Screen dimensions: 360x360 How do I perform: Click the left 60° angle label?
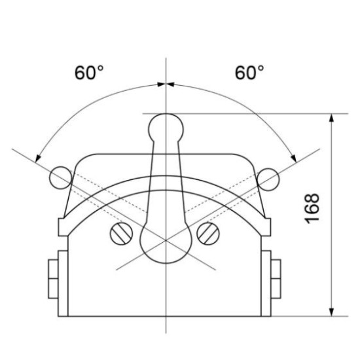tap(89, 73)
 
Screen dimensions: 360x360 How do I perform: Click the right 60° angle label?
tap(249, 73)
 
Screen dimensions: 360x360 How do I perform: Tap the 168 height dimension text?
tap(312, 208)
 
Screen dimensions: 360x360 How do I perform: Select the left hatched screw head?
tap(122, 234)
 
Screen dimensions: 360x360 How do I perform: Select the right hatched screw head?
tap(208, 234)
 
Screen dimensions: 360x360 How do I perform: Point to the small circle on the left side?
tap(61, 178)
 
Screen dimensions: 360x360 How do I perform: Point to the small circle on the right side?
tap(268, 179)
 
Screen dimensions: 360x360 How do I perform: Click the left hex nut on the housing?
tap(53, 279)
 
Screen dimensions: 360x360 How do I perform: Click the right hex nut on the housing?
tap(276, 279)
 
